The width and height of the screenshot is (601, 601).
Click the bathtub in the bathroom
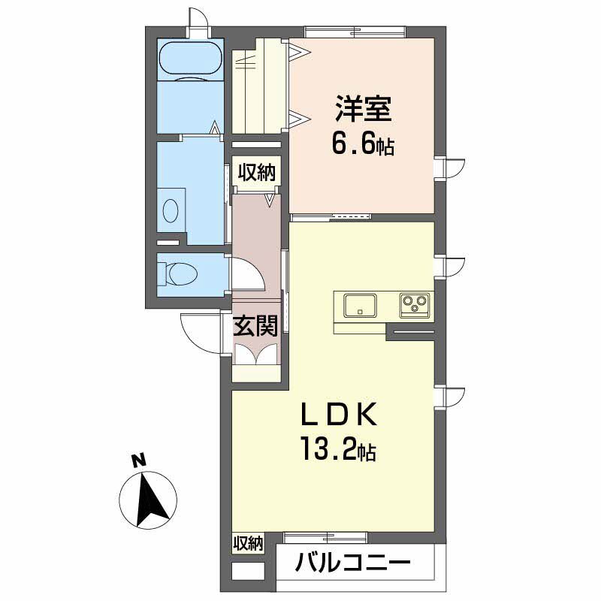[191, 59]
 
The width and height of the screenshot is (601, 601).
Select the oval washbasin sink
[171, 210]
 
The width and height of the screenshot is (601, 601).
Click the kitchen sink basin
[360, 305]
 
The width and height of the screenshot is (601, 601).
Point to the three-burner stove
[415, 305]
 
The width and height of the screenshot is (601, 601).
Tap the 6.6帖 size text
[363, 144]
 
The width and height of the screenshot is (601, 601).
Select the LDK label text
[340, 415]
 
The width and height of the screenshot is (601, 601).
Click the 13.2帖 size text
[338, 448]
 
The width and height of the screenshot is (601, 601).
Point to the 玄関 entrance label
[255, 326]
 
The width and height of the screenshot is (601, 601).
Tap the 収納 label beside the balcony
[248, 543]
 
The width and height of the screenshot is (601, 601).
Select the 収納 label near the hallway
[256, 174]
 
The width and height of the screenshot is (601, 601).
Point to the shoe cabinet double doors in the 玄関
[255, 353]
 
